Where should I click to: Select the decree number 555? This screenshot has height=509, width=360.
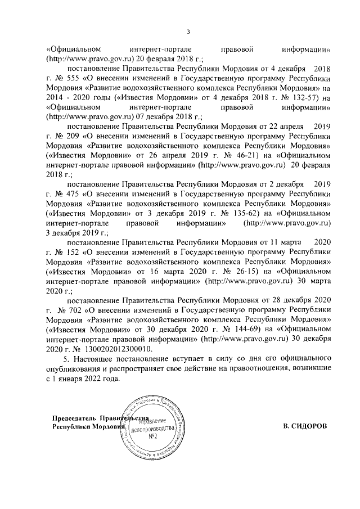tap(71, 78)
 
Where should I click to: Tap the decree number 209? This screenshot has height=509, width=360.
tap(71, 137)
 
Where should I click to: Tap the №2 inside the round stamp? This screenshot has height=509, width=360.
tap(152, 436)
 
